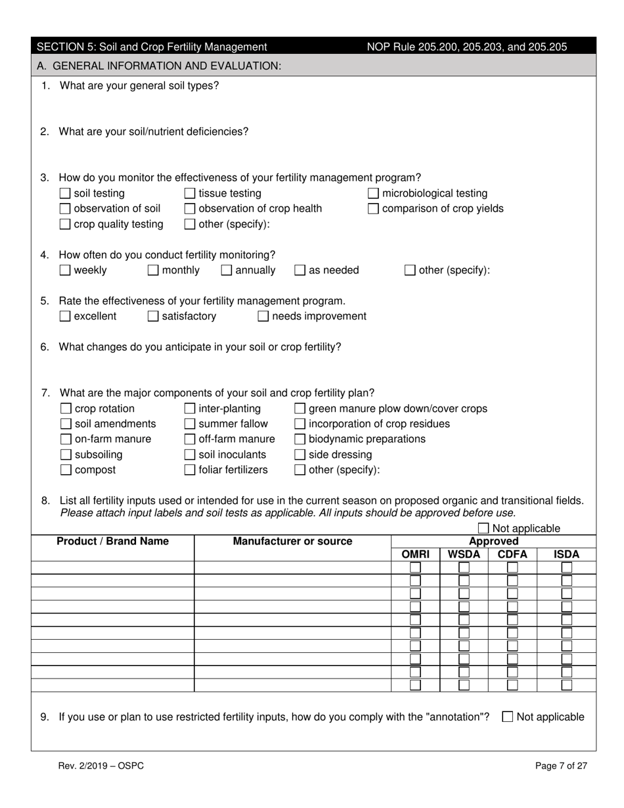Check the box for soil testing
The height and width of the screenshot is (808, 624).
(65, 194)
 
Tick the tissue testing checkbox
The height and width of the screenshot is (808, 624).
(190, 194)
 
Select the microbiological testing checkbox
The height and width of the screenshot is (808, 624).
(373, 194)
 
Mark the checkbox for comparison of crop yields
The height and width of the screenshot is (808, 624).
(373, 209)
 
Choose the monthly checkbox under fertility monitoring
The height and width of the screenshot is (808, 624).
(153, 270)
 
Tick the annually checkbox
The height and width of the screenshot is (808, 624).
(227, 270)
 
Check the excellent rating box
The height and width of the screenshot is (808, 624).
(65, 317)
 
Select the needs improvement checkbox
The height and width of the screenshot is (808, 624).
(263, 317)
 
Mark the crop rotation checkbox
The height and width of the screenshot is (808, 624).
(66, 409)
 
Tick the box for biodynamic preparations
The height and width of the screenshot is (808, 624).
(300, 439)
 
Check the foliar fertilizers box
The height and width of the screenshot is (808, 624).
(190, 470)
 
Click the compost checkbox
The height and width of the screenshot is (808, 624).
(66, 470)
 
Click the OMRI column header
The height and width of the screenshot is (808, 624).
(415, 554)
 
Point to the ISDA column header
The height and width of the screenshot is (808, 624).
(567, 554)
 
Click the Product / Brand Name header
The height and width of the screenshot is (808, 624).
(113, 541)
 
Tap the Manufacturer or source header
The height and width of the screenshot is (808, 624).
(292, 541)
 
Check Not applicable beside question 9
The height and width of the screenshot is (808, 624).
(508, 717)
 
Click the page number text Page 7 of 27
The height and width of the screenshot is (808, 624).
(561, 765)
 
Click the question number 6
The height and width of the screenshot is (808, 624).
(45, 347)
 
